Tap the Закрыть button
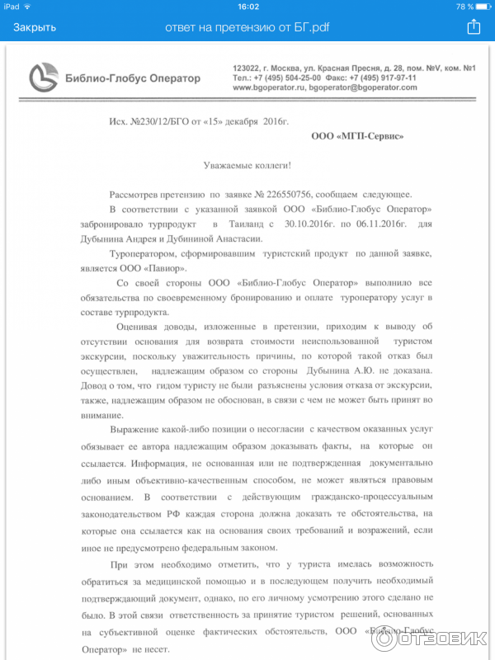35,27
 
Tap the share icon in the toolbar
474,27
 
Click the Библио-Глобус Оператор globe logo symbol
43,78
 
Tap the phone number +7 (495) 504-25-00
290,78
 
